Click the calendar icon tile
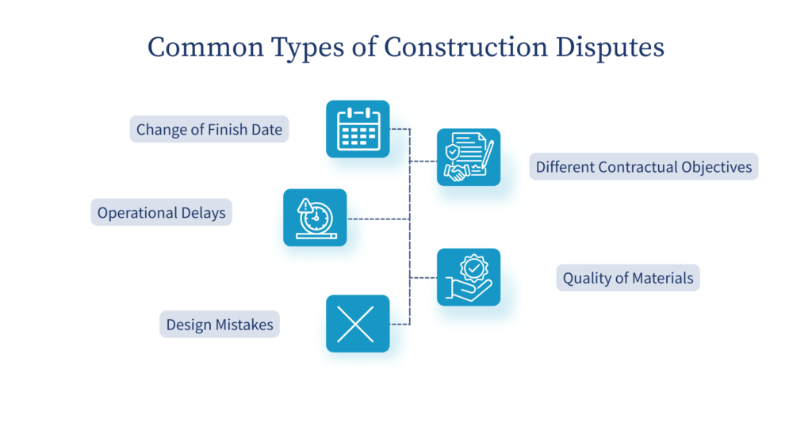pyautogui.click(x=358, y=129)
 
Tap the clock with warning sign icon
pyautogui.click(x=315, y=218)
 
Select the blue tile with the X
pyautogui.click(x=358, y=324)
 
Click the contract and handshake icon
pyautogui.click(x=469, y=157)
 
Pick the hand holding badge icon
pyautogui.click(x=469, y=277)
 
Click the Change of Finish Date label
pyautogui.click(x=209, y=129)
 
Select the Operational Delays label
pyautogui.click(x=162, y=212)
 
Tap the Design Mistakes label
pyautogui.click(x=220, y=324)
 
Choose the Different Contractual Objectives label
pyautogui.click(x=644, y=167)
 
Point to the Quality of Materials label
pyautogui.click(x=628, y=278)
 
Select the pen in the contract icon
pyautogui.click(x=488, y=152)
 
